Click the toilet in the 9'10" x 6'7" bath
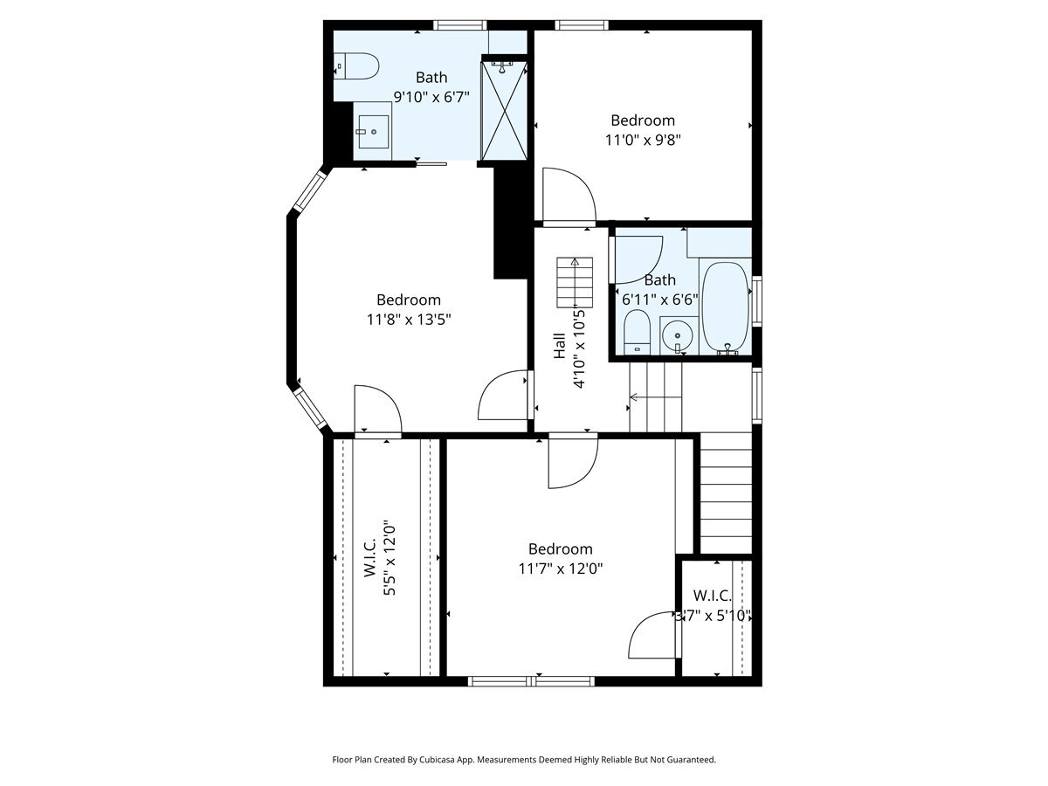pyautogui.click(x=356, y=66)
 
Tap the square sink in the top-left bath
pyautogui.click(x=374, y=131)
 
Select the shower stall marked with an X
pyautogui.click(x=504, y=111)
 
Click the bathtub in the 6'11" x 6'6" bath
pyautogui.click(x=725, y=307)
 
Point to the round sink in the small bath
pyautogui.click(x=678, y=336)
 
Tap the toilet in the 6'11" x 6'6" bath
pyautogui.click(x=638, y=332)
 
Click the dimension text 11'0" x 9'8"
pyautogui.click(x=643, y=141)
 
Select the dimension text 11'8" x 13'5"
pyautogui.click(x=409, y=320)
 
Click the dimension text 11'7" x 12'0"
pyautogui.click(x=561, y=569)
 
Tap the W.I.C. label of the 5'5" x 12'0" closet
pyautogui.click(x=370, y=557)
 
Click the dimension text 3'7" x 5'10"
pyautogui.click(x=714, y=616)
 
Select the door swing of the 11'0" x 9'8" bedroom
pyautogui.click(x=569, y=196)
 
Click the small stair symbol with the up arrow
pyautogui.click(x=575, y=282)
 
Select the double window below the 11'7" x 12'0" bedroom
pyautogui.click(x=531, y=681)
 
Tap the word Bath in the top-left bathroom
pyautogui.click(x=431, y=78)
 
